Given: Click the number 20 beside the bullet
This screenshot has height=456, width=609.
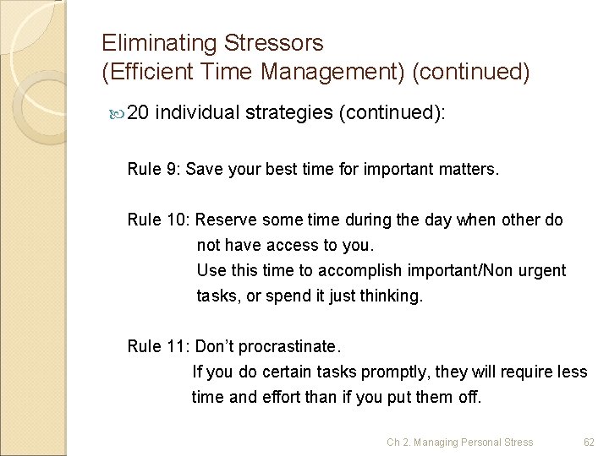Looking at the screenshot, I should point(140,115).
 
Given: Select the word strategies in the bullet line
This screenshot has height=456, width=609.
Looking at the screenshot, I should point(289,115).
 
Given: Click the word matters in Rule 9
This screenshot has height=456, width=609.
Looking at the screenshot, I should point(464,170).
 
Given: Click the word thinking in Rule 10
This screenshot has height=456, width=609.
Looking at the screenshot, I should point(391,296).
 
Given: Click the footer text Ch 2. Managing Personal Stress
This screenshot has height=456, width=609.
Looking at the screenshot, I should point(460,442).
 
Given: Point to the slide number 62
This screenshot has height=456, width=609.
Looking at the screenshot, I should point(590,442).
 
